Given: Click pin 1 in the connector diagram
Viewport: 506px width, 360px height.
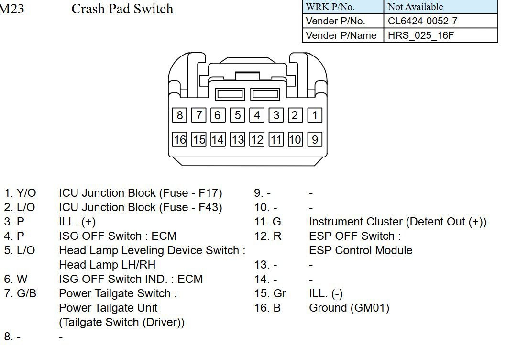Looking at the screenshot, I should point(315,115).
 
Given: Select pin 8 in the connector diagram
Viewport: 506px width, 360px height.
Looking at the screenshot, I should point(179,115).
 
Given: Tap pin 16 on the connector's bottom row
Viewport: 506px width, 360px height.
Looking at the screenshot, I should point(179,139).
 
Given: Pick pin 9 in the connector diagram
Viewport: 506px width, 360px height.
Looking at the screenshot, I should point(315,139).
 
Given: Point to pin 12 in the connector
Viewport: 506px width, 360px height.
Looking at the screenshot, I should point(257,139).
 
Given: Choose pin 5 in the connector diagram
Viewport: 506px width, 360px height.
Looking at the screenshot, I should point(237,115).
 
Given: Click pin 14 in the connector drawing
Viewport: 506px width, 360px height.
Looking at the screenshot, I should point(218,139).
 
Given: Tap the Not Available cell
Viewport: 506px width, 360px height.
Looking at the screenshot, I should point(415,7).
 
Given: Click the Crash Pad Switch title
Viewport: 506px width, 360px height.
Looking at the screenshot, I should point(122,9).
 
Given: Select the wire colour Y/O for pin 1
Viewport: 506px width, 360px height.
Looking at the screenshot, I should point(26,193).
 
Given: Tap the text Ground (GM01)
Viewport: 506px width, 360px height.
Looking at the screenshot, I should point(349,308).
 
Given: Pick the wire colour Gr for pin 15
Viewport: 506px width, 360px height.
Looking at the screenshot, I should point(279,293).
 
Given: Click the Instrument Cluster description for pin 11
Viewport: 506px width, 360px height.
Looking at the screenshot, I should point(397,222).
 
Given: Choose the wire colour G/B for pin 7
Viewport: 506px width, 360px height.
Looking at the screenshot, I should point(26,293).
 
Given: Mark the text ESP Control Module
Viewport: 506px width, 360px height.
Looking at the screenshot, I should point(361,250).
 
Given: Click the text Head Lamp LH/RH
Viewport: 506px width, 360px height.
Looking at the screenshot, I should point(107,265).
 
